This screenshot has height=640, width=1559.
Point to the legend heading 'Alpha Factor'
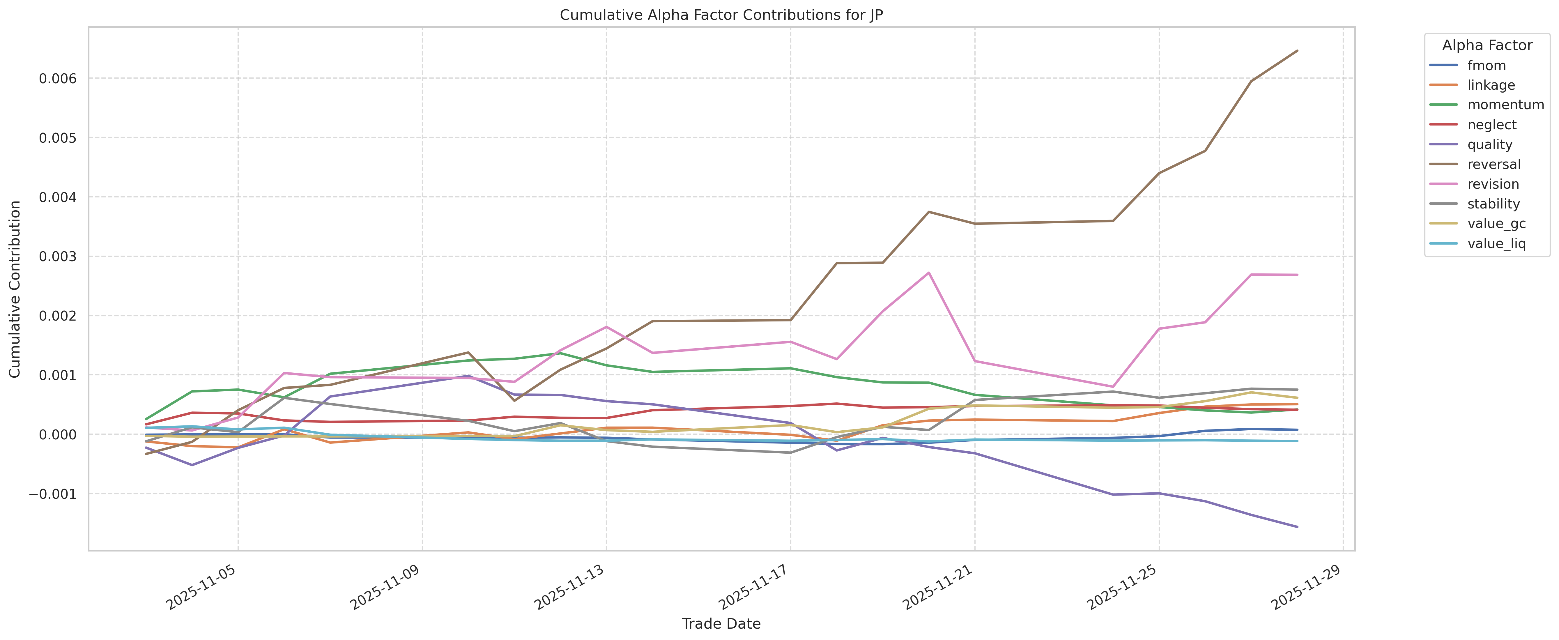[1487, 45]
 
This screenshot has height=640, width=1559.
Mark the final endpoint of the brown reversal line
[1297, 51]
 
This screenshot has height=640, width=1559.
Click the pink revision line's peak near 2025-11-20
[928, 273]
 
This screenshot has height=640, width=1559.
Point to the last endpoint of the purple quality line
[1297, 527]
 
